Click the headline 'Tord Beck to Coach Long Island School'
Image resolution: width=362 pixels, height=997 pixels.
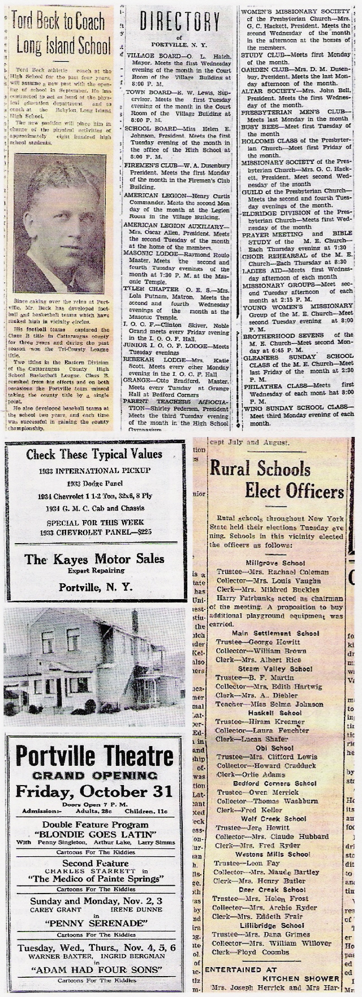coord(59,32)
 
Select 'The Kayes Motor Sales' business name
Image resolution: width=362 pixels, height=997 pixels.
coord(94,559)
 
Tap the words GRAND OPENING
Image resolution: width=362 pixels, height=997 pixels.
coord(94,775)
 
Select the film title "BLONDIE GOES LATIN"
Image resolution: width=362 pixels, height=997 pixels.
coord(94,834)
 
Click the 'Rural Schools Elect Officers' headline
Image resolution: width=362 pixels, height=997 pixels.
coord(277,478)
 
